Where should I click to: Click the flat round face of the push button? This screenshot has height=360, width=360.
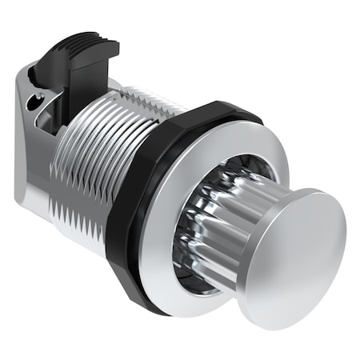pyautogui.click(x=300, y=256)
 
